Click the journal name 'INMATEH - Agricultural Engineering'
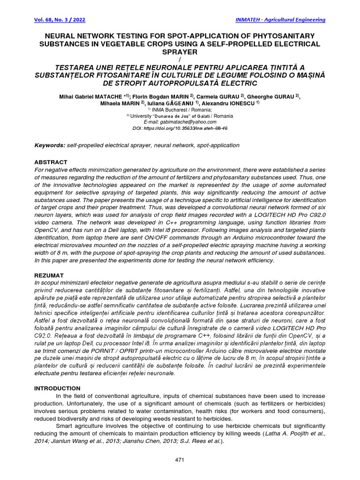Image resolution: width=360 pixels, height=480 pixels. pos(279,20)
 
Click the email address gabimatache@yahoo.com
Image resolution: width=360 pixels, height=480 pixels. pos(192,121)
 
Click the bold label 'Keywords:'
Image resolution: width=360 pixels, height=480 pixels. pos(50,145)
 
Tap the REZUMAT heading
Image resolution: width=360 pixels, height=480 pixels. pos(50,275)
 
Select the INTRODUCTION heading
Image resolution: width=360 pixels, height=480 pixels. pos(58,388)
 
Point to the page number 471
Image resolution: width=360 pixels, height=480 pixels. pos(180,460)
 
